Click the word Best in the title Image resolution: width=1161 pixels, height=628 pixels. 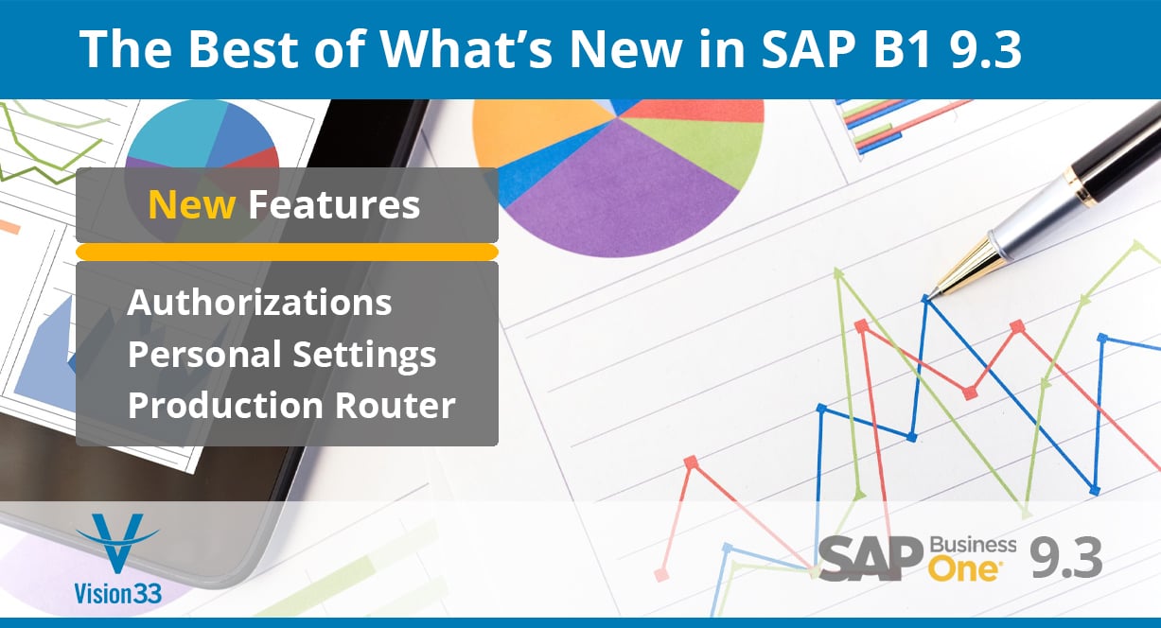coord(243,48)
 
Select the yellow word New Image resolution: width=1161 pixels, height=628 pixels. coord(192,204)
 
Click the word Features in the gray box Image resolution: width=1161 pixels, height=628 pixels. coord(334,204)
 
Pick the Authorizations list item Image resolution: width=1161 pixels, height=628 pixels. coord(259,302)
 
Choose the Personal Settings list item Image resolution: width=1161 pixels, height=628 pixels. coord(282,355)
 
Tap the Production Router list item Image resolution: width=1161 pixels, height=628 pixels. coord(291,405)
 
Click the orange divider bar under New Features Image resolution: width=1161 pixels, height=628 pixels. coord(287,252)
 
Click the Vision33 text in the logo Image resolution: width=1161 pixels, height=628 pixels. coord(117,594)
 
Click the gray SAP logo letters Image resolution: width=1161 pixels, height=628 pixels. coord(871,559)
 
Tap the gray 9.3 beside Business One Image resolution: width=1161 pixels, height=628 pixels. coord(1065,558)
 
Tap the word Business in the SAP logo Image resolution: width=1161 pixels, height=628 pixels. coord(973,546)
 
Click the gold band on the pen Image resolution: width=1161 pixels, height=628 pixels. coord(1082,187)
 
